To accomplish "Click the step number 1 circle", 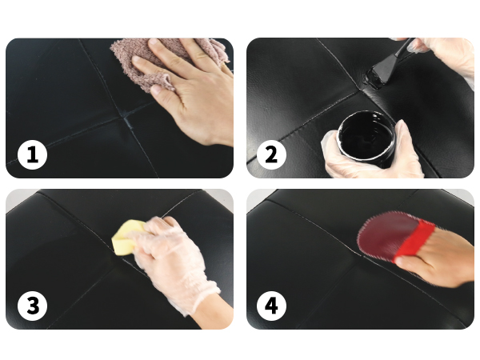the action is pyautogui.click(x=33, y=155).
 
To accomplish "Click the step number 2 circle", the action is pyautogui.click(x=271, y=155).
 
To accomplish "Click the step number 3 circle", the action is pyautogui.click(x=33, y=306).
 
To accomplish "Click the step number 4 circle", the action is pyautogui.click(x=271, y=306).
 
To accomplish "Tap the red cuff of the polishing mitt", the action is pyautogui.click(x=414, y=240).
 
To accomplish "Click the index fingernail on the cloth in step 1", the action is pyautogui.click(x=153, y=41).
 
